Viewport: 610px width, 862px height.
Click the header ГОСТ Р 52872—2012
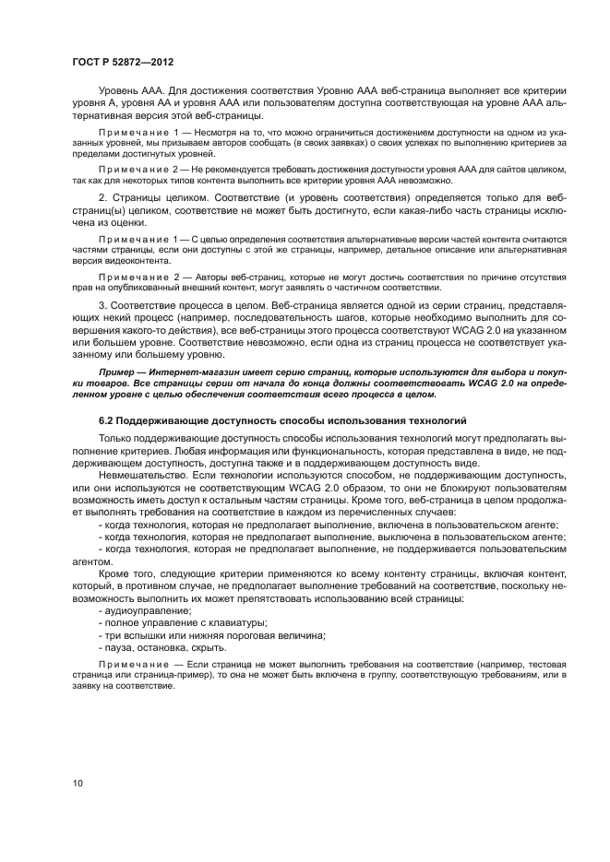(122, 61)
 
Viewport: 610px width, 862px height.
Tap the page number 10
(78, 783)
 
